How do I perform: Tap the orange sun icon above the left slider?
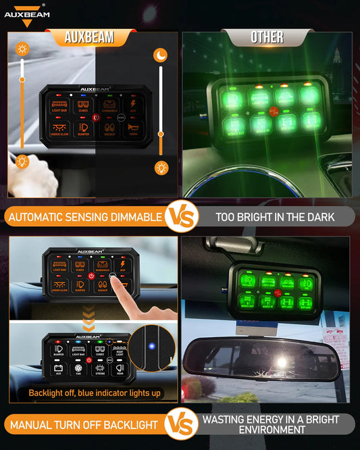(22, 49)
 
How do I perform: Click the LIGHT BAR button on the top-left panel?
(59, 105)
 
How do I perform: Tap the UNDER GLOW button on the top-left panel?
(59, 129)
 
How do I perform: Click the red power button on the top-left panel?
(96, 117)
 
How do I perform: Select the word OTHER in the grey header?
(267, 37)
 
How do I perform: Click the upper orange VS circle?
(180, 217)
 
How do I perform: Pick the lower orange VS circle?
(180, 425)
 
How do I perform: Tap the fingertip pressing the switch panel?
(124, 286)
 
